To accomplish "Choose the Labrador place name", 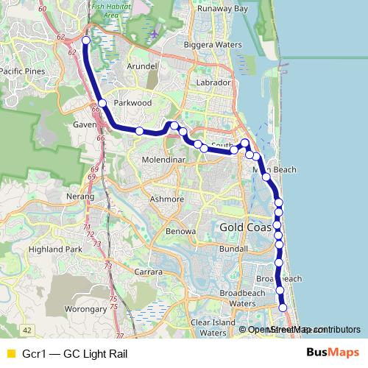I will coord(213,82).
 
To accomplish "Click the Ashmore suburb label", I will coord(165,199).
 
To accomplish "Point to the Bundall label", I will coord(233,249).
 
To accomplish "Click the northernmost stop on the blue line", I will coord(86,40).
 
